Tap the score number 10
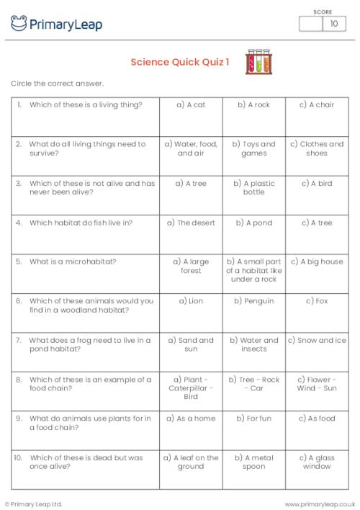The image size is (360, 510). (333, 24)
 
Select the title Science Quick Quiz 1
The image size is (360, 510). (180, 62)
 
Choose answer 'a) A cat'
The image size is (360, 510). (191, 104)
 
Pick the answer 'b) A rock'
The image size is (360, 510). (253, 104)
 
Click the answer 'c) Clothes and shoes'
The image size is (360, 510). (317, 148)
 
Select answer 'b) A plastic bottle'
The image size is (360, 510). (253, 188)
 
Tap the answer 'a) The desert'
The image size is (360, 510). (191, 223)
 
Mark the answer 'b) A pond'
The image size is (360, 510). (253, 223)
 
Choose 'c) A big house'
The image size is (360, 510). (317, 261)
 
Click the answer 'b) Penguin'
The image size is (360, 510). (253, 300)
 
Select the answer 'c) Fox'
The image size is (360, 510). (317, 300)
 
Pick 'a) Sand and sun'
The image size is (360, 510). (191, 344)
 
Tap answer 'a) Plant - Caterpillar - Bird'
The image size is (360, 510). (191, 388)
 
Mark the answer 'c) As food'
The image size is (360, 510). (317, 418)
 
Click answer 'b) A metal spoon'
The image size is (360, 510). (253, 462)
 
